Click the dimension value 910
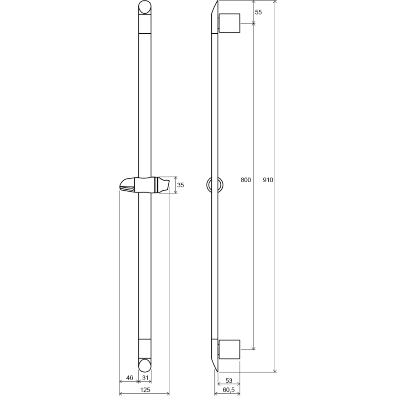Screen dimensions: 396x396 (268, 180)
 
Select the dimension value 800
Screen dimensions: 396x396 (246, 180)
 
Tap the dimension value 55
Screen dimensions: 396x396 (258, 12)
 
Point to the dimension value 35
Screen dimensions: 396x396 (181, 185)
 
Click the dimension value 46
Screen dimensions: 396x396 (129, 378)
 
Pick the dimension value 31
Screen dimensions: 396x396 (145, 378)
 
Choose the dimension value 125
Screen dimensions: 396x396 (146, 390)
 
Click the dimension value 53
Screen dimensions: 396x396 (229, 380)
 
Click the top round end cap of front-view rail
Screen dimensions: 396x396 (145, 8)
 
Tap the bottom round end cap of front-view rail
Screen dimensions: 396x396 (145, 365)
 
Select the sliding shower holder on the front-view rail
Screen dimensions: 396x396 (144, 184)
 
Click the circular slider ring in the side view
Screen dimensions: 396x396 (215, 184)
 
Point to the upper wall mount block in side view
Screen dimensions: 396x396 (229, 23)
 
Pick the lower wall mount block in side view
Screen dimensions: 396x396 (229, 350)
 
